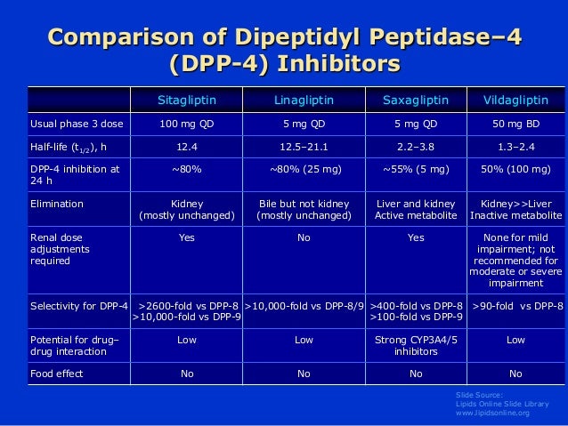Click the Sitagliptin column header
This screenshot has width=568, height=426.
(186, 98)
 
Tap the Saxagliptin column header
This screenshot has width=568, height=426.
(416, 98)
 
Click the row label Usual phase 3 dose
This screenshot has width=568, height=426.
(72, 122)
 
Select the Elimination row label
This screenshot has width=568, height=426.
(57, 204)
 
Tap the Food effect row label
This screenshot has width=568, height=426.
(57, 373)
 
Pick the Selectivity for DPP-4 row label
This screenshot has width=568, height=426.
(79, 307)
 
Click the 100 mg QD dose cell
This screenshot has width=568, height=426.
(186, 122)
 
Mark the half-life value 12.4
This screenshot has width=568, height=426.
(186, 146)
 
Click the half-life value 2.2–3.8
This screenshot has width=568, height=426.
(416, 146)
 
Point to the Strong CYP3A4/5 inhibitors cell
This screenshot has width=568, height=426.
(416, 345)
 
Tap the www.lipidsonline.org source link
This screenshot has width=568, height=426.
(492, 414)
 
